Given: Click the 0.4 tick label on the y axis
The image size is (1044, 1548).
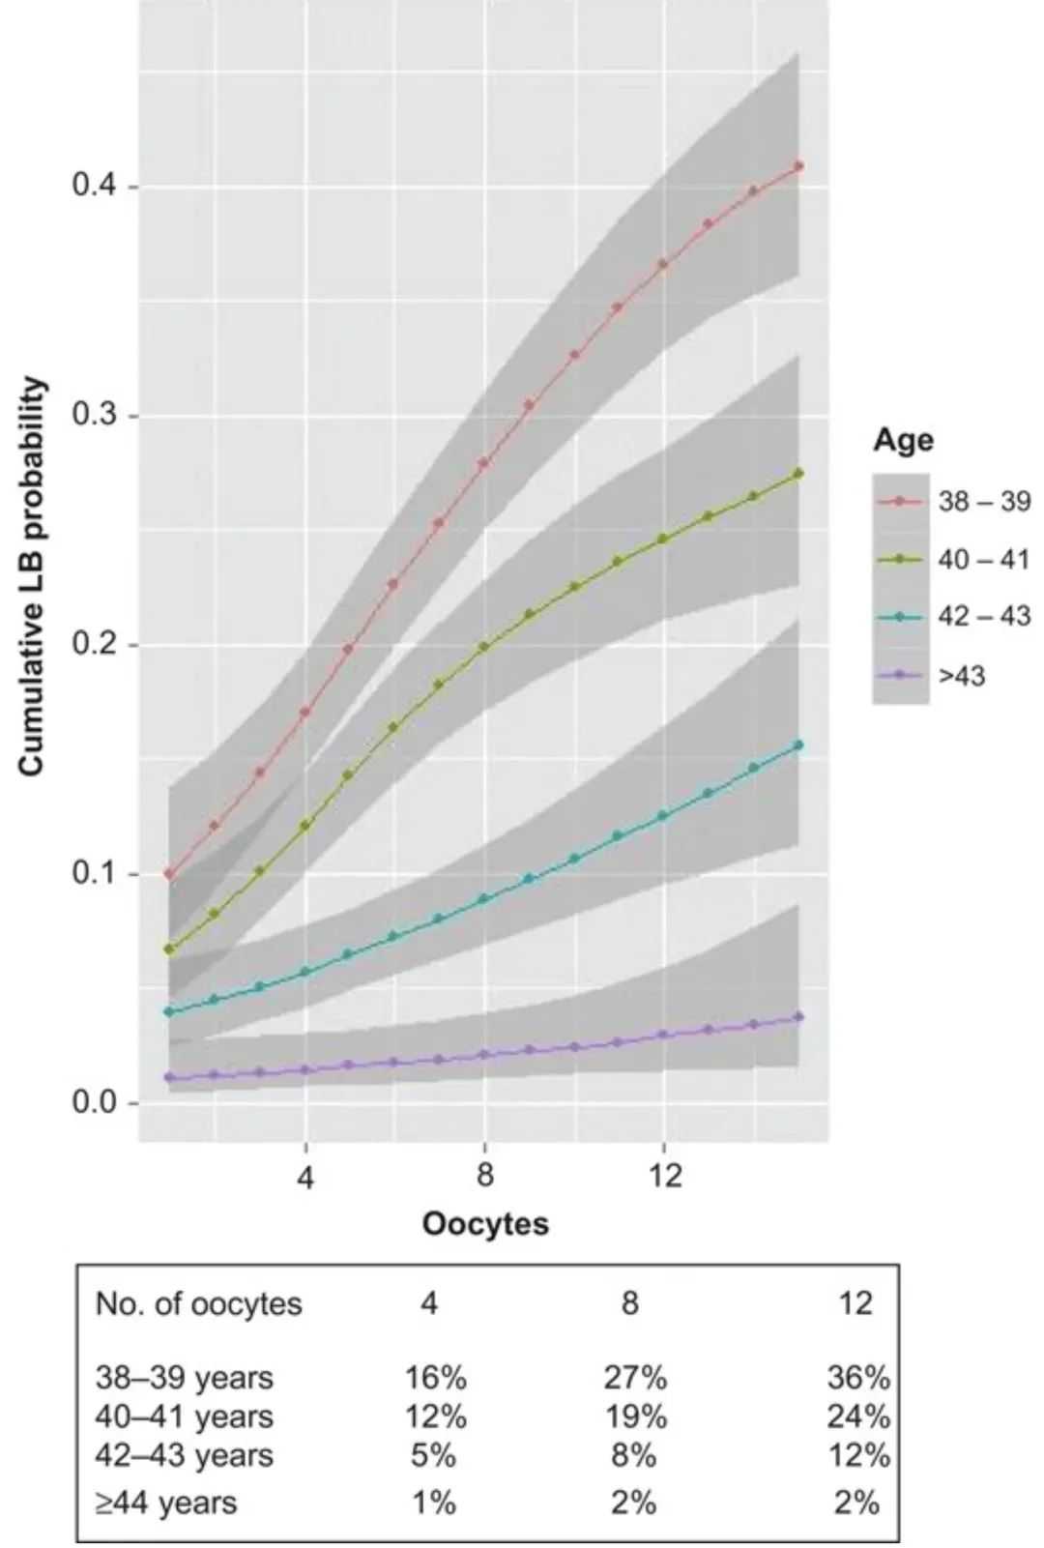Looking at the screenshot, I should (94, 185).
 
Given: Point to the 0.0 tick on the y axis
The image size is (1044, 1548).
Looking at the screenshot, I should (94, 1102).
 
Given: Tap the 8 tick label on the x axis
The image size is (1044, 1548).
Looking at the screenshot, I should (484, 1175).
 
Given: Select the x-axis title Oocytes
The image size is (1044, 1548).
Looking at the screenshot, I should (484, 1223).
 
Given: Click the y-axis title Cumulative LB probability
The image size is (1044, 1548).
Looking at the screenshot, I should (32, 576).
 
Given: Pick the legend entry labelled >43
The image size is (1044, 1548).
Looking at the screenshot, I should (961, 675).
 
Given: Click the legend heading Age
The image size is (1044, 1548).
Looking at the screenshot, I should (903, 440).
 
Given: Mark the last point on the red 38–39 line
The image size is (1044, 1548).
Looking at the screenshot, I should (798, 166).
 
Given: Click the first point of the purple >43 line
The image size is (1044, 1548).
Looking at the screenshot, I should (169, 1077).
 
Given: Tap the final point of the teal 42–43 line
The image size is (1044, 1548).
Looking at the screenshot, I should (798, 745).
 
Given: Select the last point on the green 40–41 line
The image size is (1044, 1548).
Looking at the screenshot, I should (798, 473).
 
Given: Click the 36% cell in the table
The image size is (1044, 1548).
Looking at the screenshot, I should (857, 1377).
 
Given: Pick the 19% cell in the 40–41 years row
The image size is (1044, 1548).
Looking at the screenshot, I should (635, 1417).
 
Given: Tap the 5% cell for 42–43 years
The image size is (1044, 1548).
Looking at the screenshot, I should (433, 1455).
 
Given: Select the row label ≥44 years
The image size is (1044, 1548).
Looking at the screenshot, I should (165, 1503).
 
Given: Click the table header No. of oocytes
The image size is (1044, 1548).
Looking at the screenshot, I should (198, 1303).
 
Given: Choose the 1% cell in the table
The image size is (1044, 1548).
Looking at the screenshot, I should (433, 1503).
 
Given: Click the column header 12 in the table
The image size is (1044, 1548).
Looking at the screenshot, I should (855, 1303).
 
